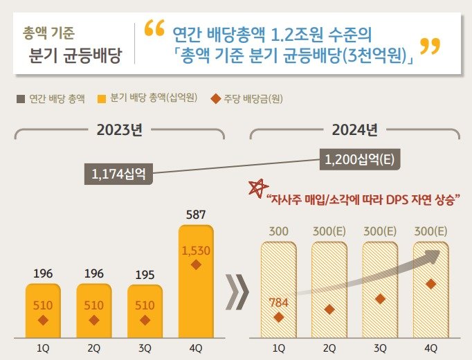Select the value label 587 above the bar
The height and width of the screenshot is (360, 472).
196,215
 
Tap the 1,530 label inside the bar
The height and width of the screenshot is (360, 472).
196,251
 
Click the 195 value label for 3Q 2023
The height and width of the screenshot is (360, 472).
145,275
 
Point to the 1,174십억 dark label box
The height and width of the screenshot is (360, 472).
118,174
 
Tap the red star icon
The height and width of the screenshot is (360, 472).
258,188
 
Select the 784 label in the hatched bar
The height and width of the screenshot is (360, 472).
279,301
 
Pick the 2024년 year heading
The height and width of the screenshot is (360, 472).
354,129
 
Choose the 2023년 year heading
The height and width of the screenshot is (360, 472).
120,129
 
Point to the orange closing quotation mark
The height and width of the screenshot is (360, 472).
430,48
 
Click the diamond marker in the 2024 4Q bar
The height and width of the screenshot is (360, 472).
430,284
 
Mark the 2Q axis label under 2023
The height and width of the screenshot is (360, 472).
94,348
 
